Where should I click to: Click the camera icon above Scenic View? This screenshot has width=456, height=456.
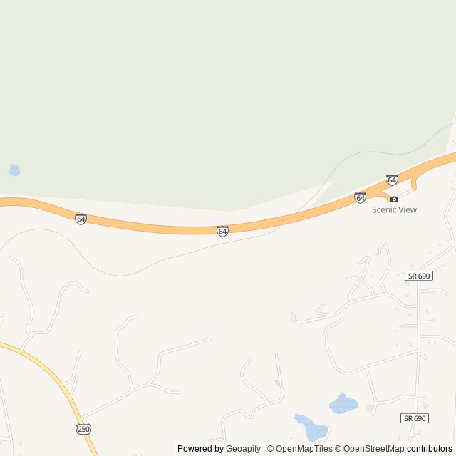tap(394, 199)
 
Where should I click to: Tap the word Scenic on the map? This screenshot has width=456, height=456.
tap(385, 209)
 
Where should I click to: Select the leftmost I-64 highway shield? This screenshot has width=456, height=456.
tap(81, 218)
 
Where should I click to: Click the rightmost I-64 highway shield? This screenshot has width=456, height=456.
tap(392, 180)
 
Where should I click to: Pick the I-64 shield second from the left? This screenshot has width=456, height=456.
tap(223, 231)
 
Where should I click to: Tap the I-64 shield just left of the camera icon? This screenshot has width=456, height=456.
tap(360, 197)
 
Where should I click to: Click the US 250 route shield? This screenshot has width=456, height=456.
tap(83, 428)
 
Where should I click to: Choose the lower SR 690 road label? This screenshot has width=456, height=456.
tap(414, 418)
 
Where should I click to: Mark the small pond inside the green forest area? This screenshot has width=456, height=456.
tap(14, 170)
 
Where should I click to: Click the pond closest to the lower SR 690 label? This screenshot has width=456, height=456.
tap(343, 404)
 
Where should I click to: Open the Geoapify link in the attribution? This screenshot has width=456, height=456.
tap(243, 449)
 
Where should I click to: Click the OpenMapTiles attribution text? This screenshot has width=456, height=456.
tap(304, 449)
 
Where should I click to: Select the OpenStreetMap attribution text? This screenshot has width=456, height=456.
tap(374, 449)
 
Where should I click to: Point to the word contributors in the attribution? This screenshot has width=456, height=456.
tap(430, 449)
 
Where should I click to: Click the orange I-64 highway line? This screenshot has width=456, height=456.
tap(157, 227)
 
